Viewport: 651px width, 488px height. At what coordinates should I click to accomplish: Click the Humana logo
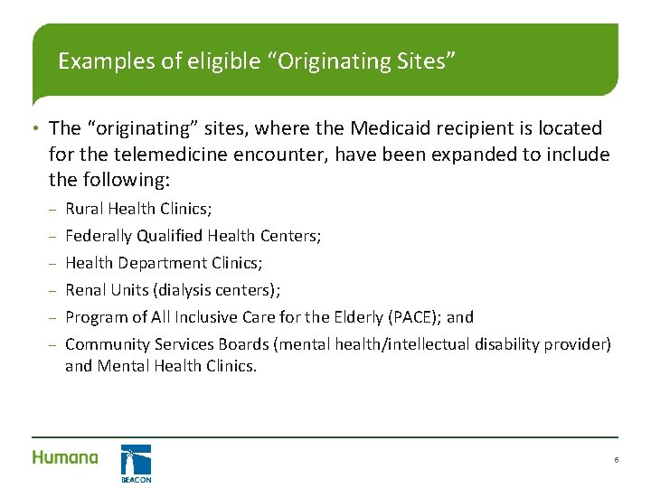pos(65,457)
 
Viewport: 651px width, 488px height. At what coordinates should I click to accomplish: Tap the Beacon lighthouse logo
pos(136,462)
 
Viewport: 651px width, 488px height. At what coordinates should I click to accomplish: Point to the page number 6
pos(616,460)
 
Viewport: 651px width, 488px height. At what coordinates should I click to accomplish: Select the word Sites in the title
pos(420,61)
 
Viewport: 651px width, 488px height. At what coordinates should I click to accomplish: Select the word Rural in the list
pos(84,209)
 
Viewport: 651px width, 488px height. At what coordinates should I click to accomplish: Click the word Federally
pos(99,236)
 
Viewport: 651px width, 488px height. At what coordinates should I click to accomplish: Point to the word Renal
pos(85,290)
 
